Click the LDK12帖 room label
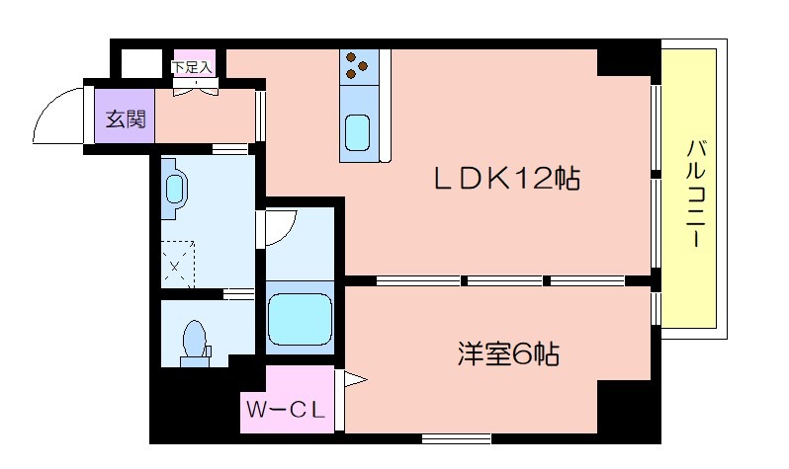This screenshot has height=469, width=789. (x=506, y=178)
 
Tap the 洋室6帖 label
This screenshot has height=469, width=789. (x=508, y=353)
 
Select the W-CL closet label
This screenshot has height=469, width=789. (x=286, y=411)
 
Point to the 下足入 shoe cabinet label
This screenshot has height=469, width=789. (x=192, y=67)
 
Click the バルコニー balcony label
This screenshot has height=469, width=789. (x=696, y=194)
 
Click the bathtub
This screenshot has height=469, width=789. (x=301, y=319)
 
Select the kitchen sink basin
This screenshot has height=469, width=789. (x=358, y=132)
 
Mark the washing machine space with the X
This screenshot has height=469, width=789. (x=178, y=265)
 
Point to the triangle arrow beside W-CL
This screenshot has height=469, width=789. (x=355, y=379)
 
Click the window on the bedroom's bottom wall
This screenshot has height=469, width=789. (x=457, y=438)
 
